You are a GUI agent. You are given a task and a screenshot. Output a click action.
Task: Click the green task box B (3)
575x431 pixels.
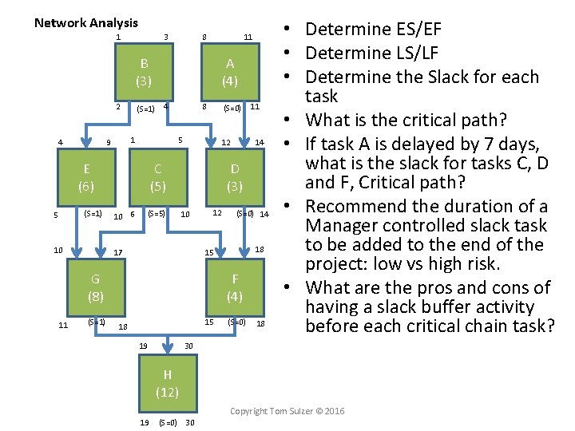(x=144, y=72)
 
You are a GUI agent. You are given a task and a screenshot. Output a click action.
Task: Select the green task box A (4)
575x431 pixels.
(x=230, y=72)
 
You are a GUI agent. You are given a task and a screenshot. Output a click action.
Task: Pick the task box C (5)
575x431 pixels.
(x=158, y=177)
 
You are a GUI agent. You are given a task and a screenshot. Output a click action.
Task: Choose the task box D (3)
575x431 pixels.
(x=235, y=177)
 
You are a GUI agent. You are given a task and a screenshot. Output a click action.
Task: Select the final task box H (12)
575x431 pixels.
(x=167, y=383)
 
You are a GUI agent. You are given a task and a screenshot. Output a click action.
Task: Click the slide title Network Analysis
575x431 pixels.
(x=86, y=23)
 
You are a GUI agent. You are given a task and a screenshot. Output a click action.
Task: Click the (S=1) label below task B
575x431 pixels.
(x=145, y=109)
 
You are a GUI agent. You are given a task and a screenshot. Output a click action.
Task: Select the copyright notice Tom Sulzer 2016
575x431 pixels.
(x=287, y=411)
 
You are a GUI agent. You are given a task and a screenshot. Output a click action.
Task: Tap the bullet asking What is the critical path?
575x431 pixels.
(x=403, y=121)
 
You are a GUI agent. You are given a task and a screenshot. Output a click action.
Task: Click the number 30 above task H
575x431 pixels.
(x=188, y=346)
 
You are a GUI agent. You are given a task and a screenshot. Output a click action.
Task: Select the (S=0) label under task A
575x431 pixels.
(x=232, y=109)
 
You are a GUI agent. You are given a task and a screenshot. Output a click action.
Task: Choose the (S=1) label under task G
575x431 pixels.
(x=96, y=322)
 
